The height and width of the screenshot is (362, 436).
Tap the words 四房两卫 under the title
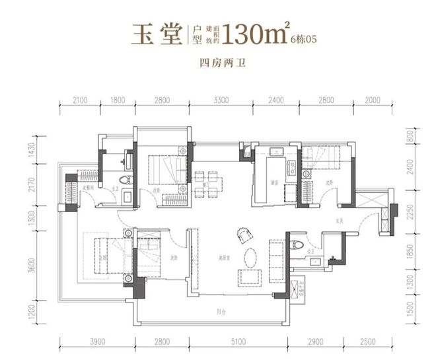click(x=217, y=64)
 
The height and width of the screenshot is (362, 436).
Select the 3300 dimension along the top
click(x=221, y=100)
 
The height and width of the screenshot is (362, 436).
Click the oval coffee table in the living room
click(x=251, y=254)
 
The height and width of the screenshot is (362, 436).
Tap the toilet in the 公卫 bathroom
click(x=299, y=246)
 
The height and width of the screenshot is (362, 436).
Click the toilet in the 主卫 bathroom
click(x=120, y=180)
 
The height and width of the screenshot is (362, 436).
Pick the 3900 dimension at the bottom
click(x=97, y=342)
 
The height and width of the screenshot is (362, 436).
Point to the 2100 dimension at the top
click(x=79, y=100)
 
